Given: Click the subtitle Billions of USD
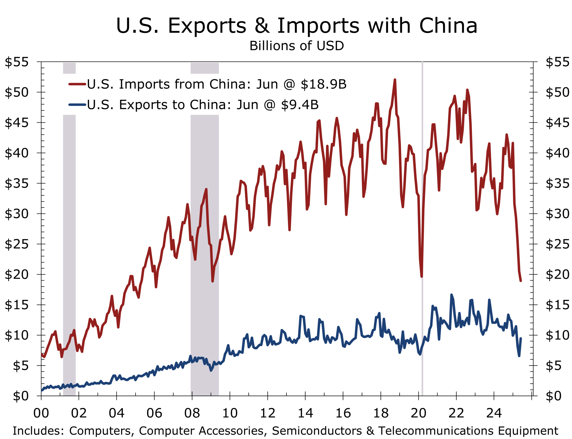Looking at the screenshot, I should click(x=297, y=46).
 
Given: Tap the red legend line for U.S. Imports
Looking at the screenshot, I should click(x=77, y=84).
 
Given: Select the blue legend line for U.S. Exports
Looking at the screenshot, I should click(x=77, y=105).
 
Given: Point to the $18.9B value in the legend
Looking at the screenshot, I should click(x=323, y=84).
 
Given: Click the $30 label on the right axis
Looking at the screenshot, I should click(x=557, y=214).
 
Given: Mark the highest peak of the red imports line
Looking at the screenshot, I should click(x=395, y=80).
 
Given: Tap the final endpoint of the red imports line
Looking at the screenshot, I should click(x=521, y=281).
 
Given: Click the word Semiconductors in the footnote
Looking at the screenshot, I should click(x=317, y=431).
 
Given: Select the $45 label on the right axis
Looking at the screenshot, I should click(x=557, y=123).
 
